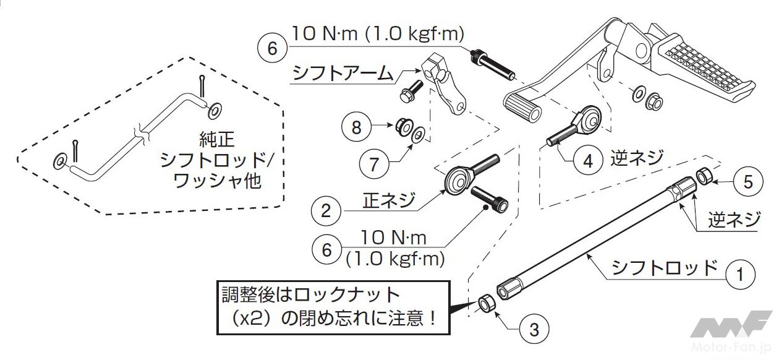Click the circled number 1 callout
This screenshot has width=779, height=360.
coord(741,274)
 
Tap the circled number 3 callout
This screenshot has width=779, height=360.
coord(535,329)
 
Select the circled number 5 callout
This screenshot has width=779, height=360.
coord(748,182)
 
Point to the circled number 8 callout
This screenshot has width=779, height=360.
coord(356,127)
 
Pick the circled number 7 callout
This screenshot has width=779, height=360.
coord(374,164)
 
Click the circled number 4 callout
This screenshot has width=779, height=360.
coord(588,161)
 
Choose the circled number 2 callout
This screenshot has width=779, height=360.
coord(326,211)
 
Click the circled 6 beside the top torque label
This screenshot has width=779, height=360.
coord(272,48)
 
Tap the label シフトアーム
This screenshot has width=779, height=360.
coord(343,73)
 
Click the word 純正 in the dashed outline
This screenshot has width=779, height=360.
coord(217,139)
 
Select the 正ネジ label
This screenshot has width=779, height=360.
coord(389,200)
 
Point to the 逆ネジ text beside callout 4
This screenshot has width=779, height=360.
coord(637,158)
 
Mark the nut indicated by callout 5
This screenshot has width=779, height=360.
coord(704,176)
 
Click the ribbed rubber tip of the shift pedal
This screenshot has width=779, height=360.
coord(522,108)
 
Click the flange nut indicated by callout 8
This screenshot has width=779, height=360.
coord(404,127)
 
